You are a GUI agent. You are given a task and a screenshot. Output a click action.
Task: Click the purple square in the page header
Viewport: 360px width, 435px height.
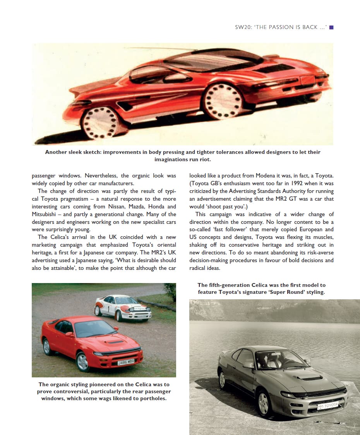(331, 27)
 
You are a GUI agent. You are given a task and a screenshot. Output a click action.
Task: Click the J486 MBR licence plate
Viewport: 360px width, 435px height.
(125, 362)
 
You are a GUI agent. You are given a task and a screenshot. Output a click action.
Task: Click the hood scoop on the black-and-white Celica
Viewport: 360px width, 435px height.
(309, 377)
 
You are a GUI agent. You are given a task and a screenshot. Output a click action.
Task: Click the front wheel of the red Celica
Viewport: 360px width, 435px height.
(83, 362)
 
